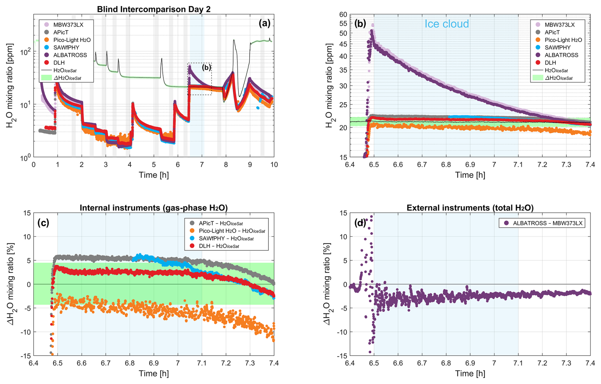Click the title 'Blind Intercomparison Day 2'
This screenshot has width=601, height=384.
153,9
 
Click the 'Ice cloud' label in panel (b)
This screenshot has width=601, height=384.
446,24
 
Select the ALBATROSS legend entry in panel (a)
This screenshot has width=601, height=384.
70,55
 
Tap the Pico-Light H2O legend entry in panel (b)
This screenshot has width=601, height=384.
563,40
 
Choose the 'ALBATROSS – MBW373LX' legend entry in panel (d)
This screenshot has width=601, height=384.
547,223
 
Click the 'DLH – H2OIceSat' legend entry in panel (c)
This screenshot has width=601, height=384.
219,246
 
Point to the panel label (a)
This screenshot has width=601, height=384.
264,23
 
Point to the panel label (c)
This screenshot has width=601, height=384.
43,223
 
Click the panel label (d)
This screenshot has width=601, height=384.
360,223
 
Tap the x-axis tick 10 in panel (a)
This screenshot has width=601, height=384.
274,165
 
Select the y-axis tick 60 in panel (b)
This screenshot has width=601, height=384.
343,15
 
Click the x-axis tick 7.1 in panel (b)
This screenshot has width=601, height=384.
518,165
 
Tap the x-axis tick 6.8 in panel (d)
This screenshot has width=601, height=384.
446,363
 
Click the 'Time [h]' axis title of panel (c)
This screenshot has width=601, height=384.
153,374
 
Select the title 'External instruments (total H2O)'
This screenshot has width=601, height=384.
470,208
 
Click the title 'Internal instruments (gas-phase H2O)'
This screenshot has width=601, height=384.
153,208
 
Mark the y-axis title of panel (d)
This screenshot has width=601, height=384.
328,284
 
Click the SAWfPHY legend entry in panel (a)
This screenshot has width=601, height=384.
66,47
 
